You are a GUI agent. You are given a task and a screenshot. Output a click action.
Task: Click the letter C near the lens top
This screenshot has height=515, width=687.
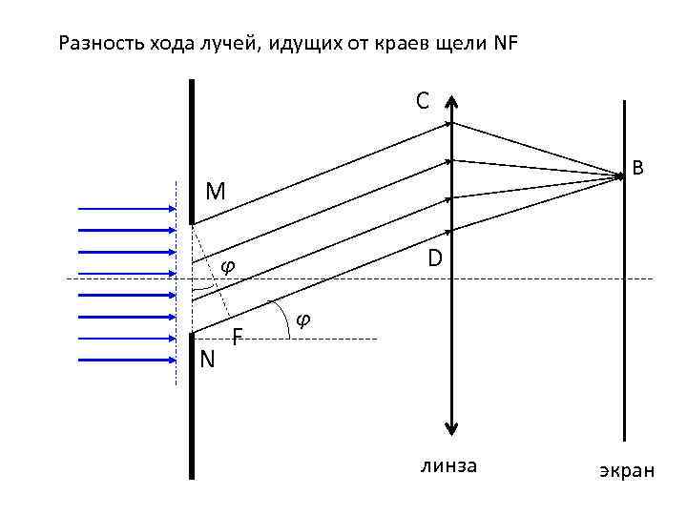click(x=422, y=100)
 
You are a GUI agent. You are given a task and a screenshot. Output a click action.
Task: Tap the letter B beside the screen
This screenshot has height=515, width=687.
click(x=638, y=168)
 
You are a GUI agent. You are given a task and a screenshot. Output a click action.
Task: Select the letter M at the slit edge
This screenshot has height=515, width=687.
click(x=216, y=192)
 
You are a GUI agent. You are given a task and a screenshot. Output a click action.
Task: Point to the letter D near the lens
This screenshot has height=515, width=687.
click(x=434, y=258)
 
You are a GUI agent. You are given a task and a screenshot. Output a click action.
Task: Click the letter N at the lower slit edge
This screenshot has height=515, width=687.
click(x=207, y=359)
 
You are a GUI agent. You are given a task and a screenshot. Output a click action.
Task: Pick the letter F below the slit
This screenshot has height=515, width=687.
click(x=239, y=336)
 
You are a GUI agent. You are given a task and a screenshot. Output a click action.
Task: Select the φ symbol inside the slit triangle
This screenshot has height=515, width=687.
click(x=227, y=266)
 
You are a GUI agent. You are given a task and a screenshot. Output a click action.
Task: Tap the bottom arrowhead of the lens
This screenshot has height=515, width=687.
click(x=452, y=428)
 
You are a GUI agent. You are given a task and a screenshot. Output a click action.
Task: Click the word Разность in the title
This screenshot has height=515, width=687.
click(x=94, y=44)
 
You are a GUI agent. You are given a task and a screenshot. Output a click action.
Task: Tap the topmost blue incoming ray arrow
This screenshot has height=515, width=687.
click(x=125, y=208)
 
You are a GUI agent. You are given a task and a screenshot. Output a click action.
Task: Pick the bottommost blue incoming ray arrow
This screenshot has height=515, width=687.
click(x=125, y=360)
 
